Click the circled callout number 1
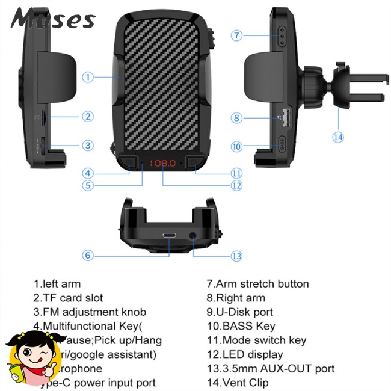coord(88,77)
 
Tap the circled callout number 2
coord(88,117)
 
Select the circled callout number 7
coord(237,35)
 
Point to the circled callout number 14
coord(338,137)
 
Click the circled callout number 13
coord(236,256)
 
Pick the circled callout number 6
coord(88,256)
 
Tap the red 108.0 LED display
coord(162,163)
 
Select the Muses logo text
coord(52,19)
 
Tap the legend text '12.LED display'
coord(244,354)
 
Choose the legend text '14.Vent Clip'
coord(238,383)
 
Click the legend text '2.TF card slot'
coord(68,298)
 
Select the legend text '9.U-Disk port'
coord(239,312)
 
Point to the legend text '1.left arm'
coord(57,284)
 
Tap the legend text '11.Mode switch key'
coord(256,340)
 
